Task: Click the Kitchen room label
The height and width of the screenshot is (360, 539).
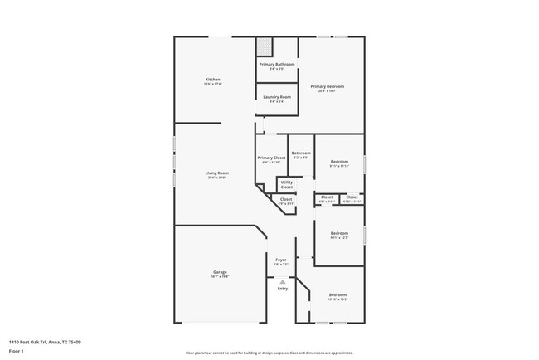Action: click(212, 80)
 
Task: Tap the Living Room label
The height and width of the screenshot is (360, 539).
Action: click(216, 173)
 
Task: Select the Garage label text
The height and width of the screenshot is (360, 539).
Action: click(220, 272)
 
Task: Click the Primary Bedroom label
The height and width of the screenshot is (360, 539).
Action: click(327, 86)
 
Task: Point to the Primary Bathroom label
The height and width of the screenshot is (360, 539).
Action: click(277, 65)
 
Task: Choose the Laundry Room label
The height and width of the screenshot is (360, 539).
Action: click(277, 97)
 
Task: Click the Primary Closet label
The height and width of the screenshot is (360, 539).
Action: click(271, 158)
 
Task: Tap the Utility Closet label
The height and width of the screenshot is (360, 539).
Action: click(286, 184)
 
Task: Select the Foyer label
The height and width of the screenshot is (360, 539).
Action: click(281, 260)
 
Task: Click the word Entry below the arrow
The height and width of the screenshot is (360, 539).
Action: click(283, 289)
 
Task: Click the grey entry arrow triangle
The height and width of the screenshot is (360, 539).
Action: click(283, 281)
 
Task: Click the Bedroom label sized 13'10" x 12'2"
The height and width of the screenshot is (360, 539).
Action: click(337, 295)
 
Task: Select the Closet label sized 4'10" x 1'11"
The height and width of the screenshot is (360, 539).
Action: click(352, 197)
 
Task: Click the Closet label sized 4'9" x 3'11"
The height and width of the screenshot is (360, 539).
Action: click(285, 199)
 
